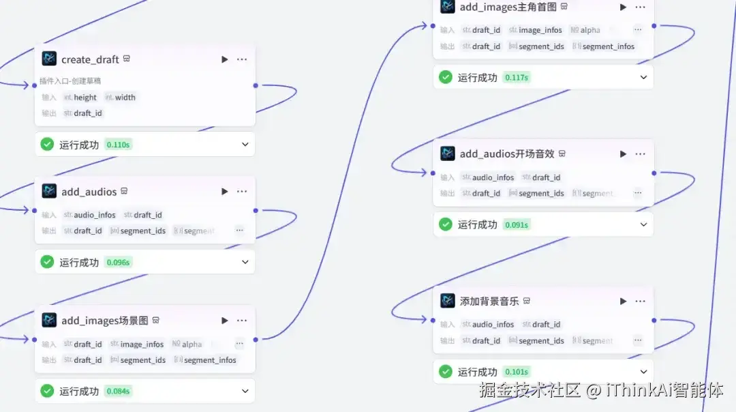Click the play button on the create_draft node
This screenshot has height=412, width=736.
(x=225, y=59)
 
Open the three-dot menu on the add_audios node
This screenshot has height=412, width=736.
(x=242, y=192)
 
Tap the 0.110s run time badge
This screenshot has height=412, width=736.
(x=118, y=145)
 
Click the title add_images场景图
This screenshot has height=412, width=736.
(x=104, y=321)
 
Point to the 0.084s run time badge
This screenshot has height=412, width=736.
(x=118, y=392)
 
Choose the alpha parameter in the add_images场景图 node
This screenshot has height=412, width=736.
(x=191, y=344)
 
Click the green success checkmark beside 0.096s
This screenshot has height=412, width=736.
(x=47, y=262)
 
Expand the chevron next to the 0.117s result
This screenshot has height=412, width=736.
(x=643, y=77)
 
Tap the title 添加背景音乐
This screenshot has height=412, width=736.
(x=489, y=301)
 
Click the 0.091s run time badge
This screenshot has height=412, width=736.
(x=517, y=224)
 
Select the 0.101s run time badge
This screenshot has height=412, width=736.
(x=517, y=372)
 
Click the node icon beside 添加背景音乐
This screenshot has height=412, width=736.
(x=448, y=301)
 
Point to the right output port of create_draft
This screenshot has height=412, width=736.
(x=256, y=85)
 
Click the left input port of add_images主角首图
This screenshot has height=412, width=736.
(x=433, y=26)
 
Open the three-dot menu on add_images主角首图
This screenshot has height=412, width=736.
(x=640, y=7)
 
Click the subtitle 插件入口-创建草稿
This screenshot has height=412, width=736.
(x=70, y=80)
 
